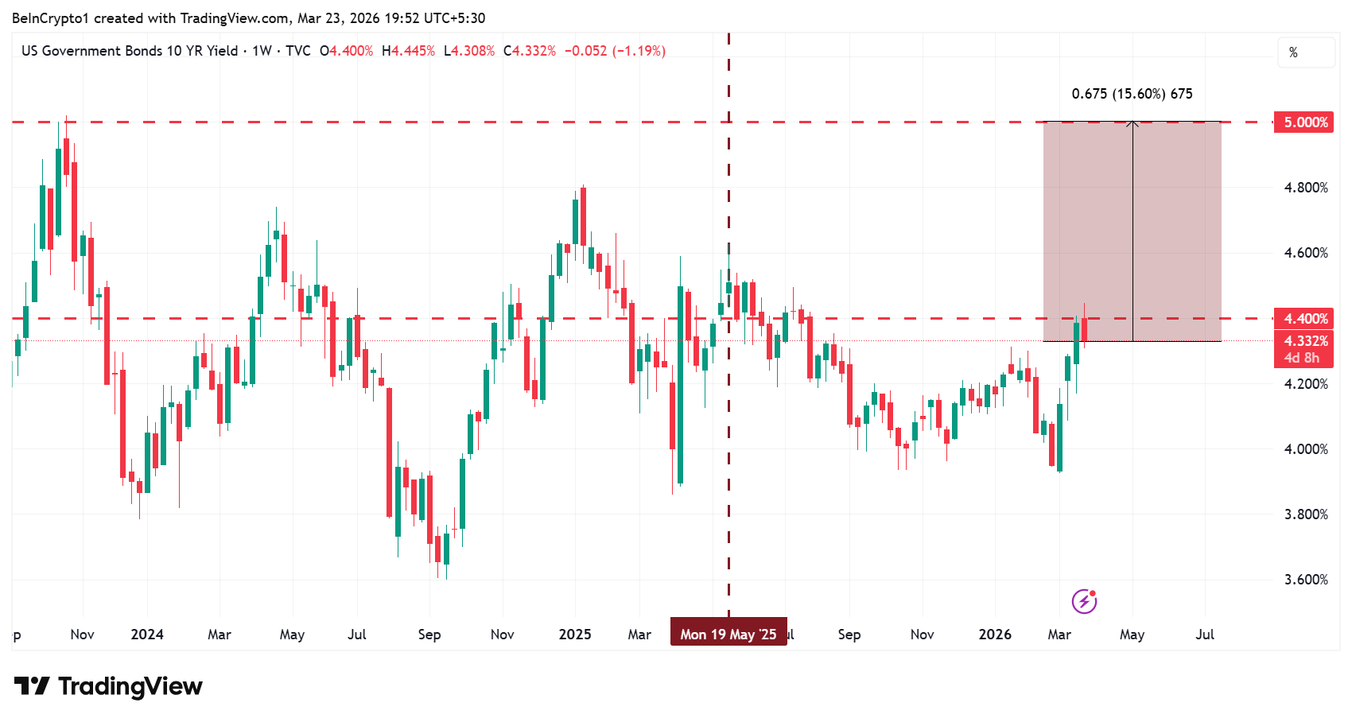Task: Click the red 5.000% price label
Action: tap(1304, 122)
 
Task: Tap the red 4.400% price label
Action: tap(1304, 319)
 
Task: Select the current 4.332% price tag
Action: tap(1304, 341)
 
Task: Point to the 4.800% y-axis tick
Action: tap(1306, 188)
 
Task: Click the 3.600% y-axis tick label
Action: tap(1306, 580)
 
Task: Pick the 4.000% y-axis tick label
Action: tap(1306, 449)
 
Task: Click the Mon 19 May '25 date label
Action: tap(728, 634)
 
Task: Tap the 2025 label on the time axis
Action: tap(575, 635)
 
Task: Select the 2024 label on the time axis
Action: tap(147, 635)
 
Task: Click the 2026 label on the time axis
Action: tap(995, 635)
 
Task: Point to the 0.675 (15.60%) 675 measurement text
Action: tap(1132, 94)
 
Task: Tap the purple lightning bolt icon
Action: tap(1084, 601)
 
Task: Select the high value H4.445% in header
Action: tap(409, 51)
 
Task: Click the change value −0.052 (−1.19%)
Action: tap(615, 51)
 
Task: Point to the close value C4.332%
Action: tap(530, 51)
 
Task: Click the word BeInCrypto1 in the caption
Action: tap(50, 18)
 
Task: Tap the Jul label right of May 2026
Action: tap(1205, 635)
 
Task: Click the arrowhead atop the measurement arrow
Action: tap(1132, 123)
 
